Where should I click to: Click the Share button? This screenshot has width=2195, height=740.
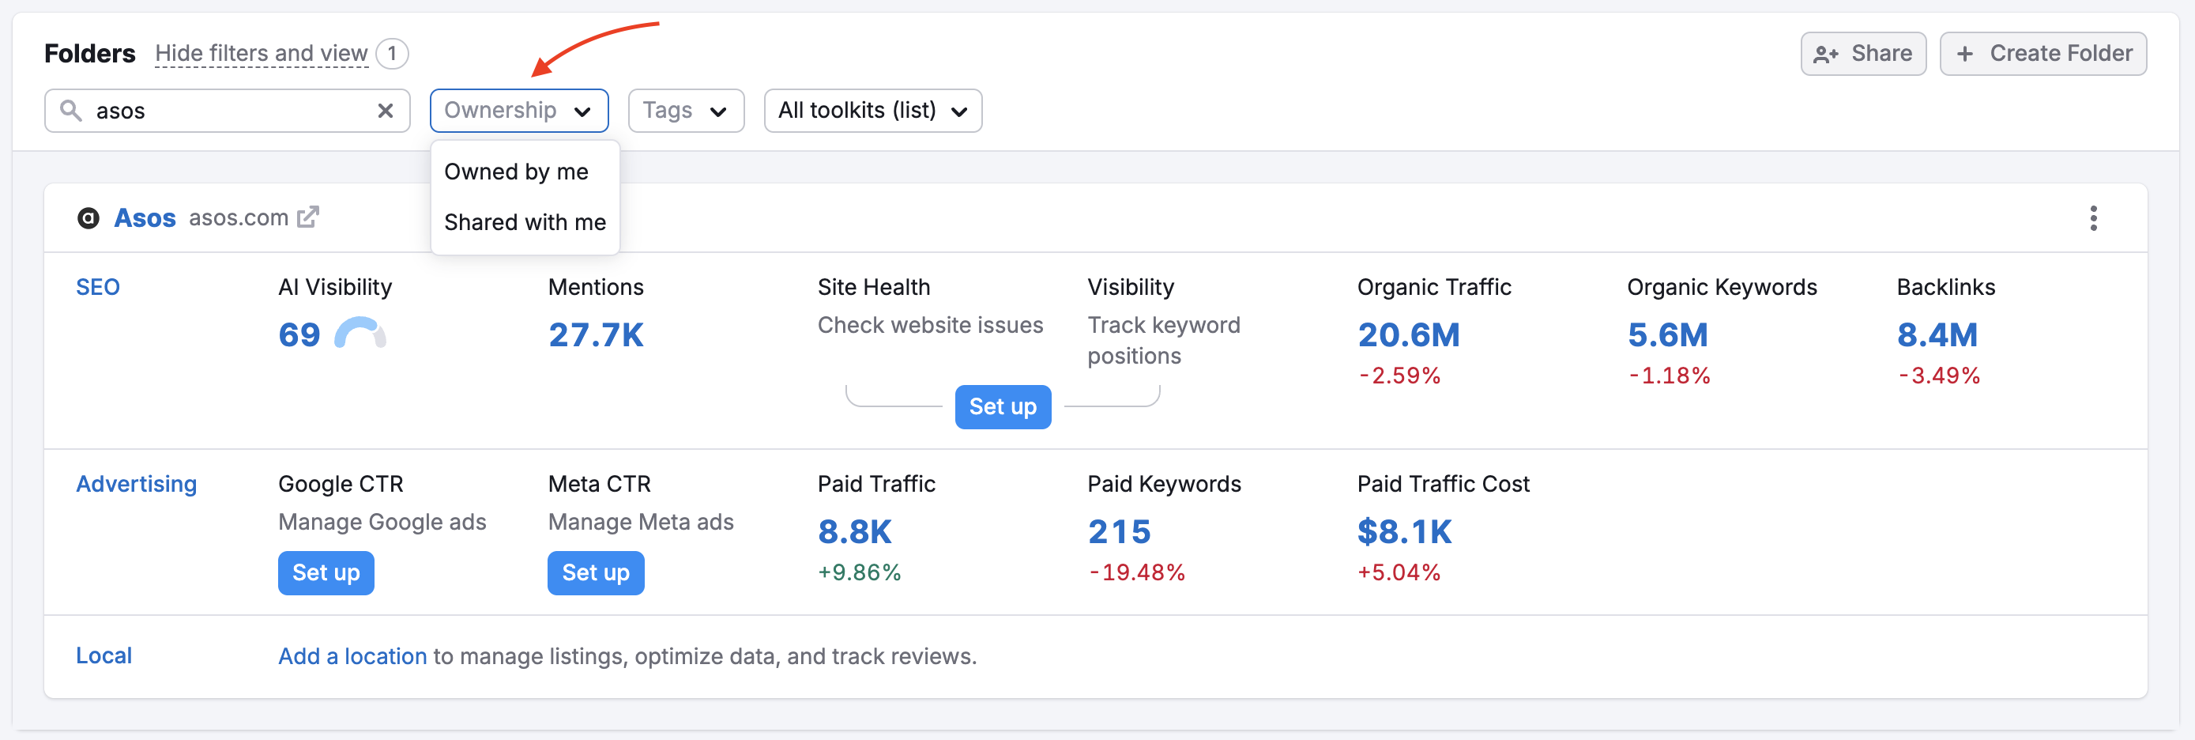pyautogui.click(x=1862, y=54)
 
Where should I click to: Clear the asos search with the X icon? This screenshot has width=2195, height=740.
pyautogui.click(x=385, y=111)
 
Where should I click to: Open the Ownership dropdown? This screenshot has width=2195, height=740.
pyautogui.click(x=518, y=111)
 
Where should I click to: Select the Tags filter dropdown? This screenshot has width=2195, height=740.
pyautogui.click(x=685, y=111)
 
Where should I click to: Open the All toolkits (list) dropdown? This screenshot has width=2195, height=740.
pyautogui.click(x=872, y=111)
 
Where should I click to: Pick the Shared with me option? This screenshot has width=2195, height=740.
pyautogui.click(x=524, y=222)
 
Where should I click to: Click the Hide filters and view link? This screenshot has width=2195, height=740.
pyautogui.click(x=261, y=54)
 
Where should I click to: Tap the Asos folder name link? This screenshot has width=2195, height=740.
pyautogui.click(x=145, y=218)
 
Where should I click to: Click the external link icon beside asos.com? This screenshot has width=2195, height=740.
pyautogui.click(x=307, y=217)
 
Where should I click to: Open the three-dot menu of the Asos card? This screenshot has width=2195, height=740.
pyautogui.click(x=2093, y=218)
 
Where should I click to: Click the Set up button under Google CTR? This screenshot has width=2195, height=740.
pyautogui.click(x=326, y=573)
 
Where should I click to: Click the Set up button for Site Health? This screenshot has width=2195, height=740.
pyautogui.click(x=1002, y=407)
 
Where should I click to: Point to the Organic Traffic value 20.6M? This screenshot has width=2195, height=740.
pyautogui.click(x=1408, y=335)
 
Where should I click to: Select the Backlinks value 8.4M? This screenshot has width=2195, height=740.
pyautogui.click(x=1936, y=335)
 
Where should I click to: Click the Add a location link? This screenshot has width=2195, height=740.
pyautogui.click(x=352, y=656)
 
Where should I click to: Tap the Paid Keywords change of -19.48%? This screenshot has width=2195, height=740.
pyautogui.click(x=1137, y=573)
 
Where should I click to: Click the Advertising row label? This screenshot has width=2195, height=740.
pyautogui.click(x=137, y=484)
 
